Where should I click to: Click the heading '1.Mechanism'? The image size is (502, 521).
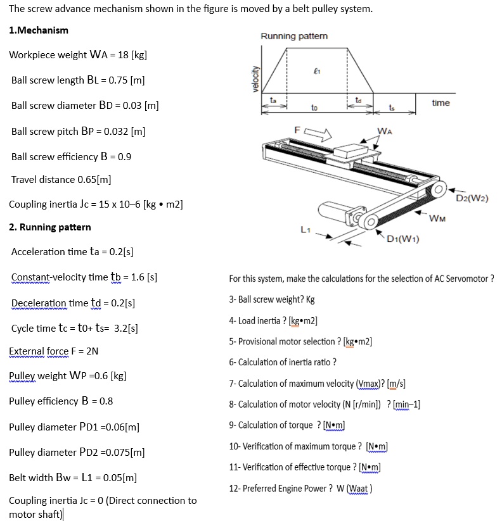point(39,30)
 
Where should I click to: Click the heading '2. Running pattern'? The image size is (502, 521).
point(50,227)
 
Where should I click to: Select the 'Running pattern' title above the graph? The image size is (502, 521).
point(294,36)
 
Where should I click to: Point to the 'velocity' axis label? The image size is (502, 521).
point(255,79)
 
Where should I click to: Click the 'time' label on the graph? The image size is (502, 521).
point(441,103)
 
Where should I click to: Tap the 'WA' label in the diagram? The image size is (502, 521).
point(385,132)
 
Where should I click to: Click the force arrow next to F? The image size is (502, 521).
point(318,134)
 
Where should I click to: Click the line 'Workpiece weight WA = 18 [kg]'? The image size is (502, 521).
point(78,54)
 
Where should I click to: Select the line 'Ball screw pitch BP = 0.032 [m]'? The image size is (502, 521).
point(78,132)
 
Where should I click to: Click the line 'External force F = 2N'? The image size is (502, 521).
point(53,351)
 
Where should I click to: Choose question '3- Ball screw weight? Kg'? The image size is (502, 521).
point(271,299)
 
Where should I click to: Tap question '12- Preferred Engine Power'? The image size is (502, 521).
point(300,488)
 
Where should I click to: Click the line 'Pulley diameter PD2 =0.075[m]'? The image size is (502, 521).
point(77,453)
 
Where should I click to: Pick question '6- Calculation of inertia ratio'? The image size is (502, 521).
point(282,362)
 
